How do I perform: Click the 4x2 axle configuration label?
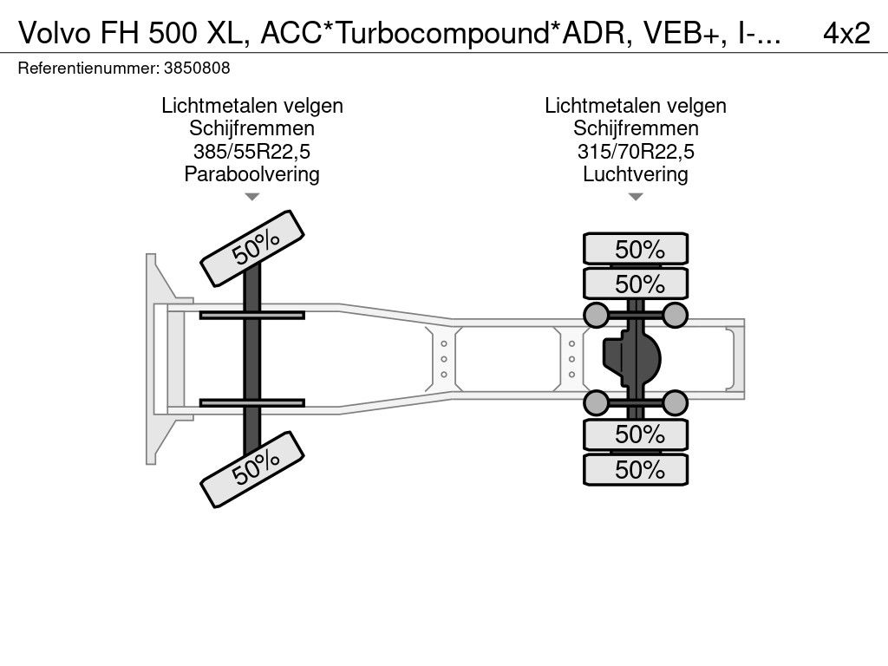point(846,33)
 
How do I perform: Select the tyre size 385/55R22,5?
point(251,152)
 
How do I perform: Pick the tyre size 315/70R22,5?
point(636,152)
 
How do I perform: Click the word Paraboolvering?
point(251,174)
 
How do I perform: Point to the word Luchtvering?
point(636,174)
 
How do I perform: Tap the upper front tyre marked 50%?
point(253,248)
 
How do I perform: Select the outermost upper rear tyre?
point(636,249)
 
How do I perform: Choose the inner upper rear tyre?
point(636,284)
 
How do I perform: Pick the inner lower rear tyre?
point(636,434)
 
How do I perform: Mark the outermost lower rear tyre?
point(636,469)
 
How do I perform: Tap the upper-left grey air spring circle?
point(596,314)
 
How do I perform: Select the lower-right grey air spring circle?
point(675,402)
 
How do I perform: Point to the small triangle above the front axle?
point(251,197)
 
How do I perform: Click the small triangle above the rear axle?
point(636,197)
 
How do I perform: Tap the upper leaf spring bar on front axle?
point(251,315)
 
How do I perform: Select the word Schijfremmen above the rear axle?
point(636,128)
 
